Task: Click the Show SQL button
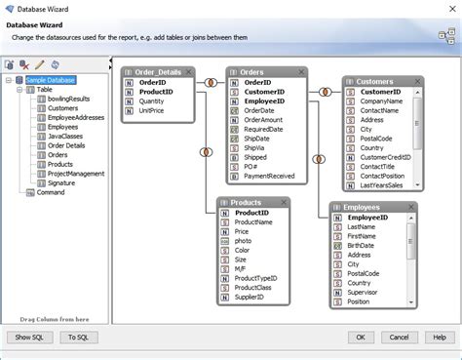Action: [29, 337]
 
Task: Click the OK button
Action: [360, 337]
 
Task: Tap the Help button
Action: [439, 337]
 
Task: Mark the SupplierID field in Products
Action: [252, 297]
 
